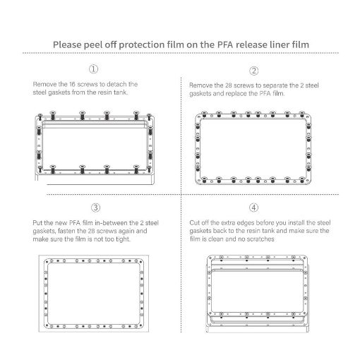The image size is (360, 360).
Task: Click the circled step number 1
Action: [93, 69]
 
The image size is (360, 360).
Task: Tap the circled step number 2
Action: [253, 71]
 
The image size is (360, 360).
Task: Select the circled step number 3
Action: [95, 208]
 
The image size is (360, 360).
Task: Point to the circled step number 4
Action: [253, 208]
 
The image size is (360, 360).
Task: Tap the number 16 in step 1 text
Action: [72, 84]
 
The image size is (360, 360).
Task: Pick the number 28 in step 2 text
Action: [229, 85]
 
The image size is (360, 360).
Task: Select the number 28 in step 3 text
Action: [92, 231]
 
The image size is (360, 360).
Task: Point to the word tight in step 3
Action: [123, 239]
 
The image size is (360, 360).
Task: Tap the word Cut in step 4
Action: [194, 222]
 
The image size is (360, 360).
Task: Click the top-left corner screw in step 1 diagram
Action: [40, 116]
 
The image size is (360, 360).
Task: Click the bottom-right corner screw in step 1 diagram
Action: [149, 169]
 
